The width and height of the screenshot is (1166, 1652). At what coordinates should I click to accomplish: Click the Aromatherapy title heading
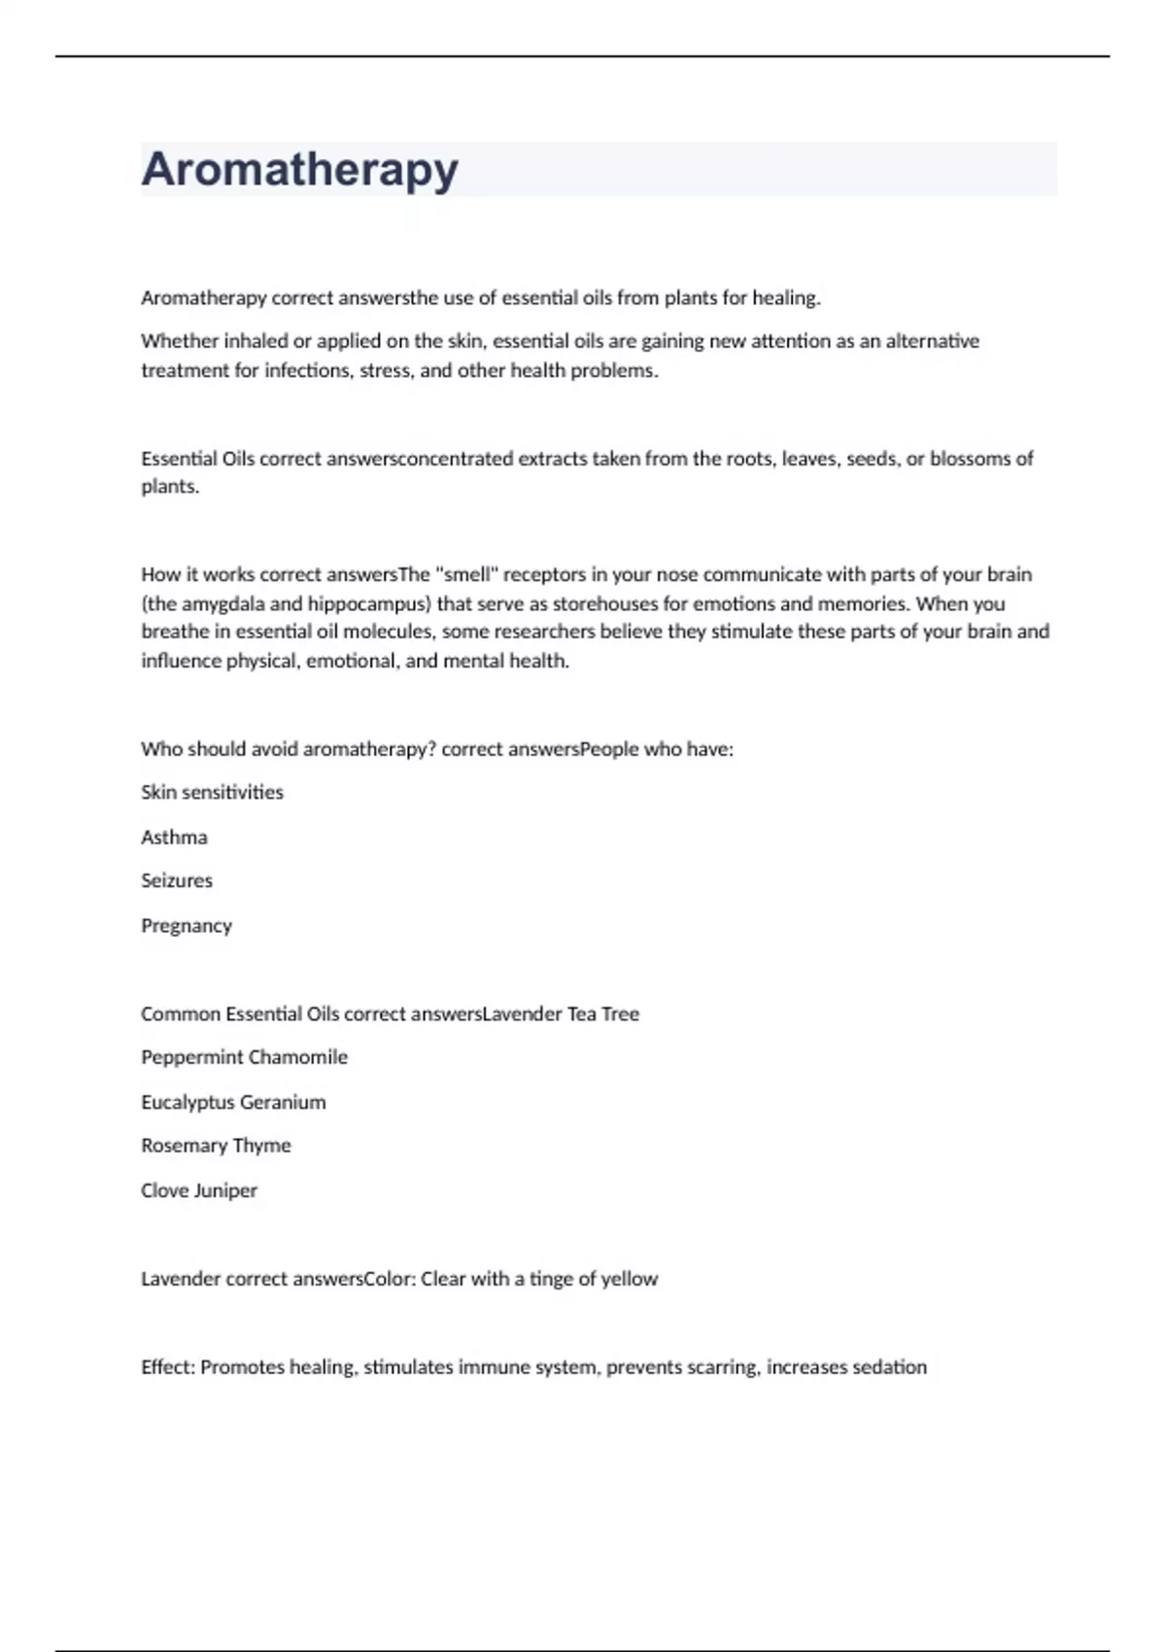pos(299,169)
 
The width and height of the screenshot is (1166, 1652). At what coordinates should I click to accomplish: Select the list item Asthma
pos(174,837)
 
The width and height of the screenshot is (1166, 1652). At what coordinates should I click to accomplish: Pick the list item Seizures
pos(177,880)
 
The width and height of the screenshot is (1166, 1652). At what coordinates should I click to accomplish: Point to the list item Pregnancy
pos(187,926)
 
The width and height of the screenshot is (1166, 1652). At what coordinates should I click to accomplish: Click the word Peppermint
pos(189,1057)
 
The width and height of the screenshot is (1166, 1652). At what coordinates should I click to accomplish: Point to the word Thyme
pos(261,1146)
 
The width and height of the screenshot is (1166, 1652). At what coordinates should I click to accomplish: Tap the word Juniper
pos(225,1190)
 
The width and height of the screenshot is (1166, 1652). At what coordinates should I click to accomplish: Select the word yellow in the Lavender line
pos(629,1279)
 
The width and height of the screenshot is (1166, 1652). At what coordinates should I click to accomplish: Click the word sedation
pos(888,1367)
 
